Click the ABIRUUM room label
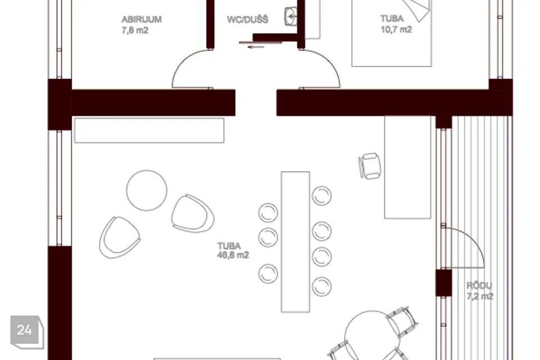tap(142, 19)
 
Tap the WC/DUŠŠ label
tap(247, 20)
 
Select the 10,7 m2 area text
tap(396, 30)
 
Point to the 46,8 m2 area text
tap(233, 255)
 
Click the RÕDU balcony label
tap(479, 285)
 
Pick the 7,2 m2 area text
tap(480, 296)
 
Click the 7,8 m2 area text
tap(134, 30)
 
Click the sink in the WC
tap(291, 16)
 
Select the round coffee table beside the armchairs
tap(147, 190)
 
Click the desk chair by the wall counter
tap(370, 166)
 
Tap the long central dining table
tap(295, 242)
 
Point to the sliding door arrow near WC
tap(255, 47)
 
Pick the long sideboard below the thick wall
tap(149, 130)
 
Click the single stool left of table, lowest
tap(268, 273)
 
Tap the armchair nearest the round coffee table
tap(192, 214)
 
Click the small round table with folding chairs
tap(372, 335)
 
